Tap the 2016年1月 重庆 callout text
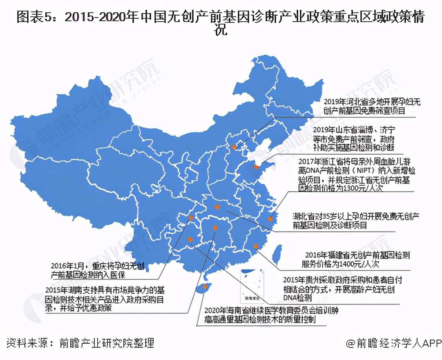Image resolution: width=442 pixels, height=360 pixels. coord(98,267)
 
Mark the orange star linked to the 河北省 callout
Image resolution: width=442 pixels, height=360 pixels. coord(234,147)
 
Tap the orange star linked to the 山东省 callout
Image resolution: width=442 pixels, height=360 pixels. coord(256,167)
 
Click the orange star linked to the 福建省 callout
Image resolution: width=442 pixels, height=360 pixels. coord(256,246)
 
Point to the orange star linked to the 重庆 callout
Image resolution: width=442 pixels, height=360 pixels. coord(190,218)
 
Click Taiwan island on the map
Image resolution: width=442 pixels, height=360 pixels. coord(277,253)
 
